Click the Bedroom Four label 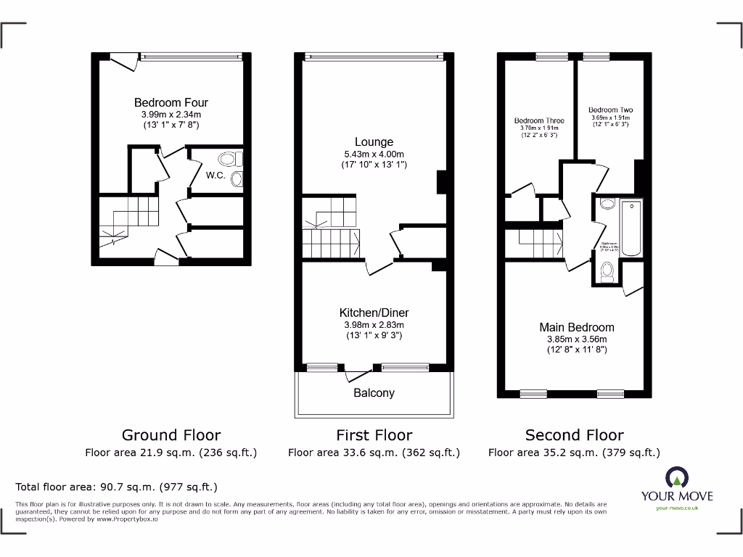(171, 103)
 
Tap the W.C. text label (215, 175)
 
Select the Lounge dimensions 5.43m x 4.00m (374, 154)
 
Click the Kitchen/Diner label (374, 313)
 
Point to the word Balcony (374, 393)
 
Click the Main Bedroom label (576, 327)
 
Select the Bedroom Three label (538, 120)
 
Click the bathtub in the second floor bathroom (631, 228)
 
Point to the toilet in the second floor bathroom (607, 271)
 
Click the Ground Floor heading (171, 435)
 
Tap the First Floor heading (374, 435)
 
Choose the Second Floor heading (574, 435)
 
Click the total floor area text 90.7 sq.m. (116, 487)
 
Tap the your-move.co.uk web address (676, 508)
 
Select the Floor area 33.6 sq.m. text (374, 453)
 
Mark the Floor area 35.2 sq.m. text (574, 453)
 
